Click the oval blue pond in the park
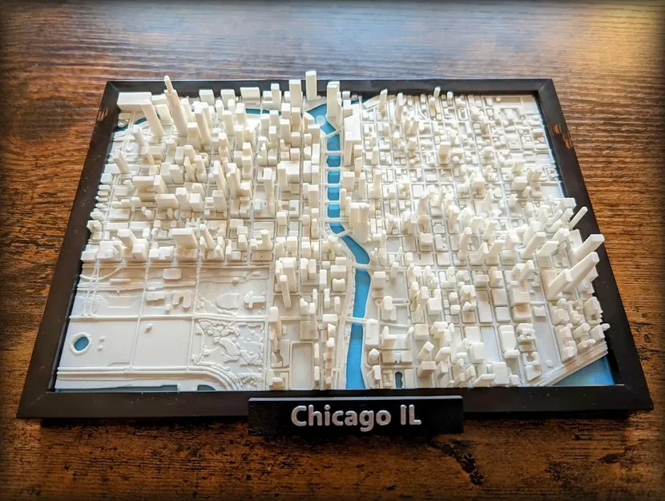(80, 344)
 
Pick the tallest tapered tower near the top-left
(171, 100)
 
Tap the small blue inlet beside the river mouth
(398, 378)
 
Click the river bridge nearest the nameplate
(353, 321)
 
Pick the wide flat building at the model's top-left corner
(134, 100)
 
